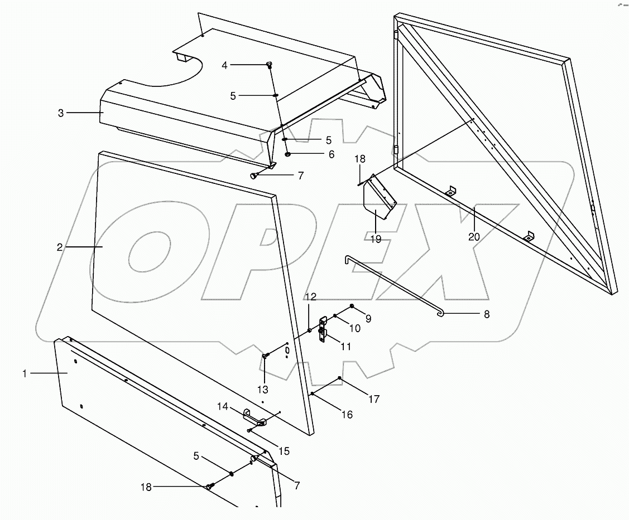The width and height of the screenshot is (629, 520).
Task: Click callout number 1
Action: (x=25, y=373)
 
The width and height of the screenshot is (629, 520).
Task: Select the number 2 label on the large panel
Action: (x=60, y=247)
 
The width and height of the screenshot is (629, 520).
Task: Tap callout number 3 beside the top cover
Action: (x=61, y=113)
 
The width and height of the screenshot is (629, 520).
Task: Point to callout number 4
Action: (x=224, y=65)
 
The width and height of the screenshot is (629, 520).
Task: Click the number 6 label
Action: (x=331, y=154)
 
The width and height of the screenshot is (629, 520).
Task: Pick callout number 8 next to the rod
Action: (x=486, y=314)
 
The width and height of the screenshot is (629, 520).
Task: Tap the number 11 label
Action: (x=345, y=347)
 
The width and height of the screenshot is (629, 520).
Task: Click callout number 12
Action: (x=310, y=295)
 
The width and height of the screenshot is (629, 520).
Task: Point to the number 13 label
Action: (x=262, y=389)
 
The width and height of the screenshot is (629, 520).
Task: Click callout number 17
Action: (x=373, y=399)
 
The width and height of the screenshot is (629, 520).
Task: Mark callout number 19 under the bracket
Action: (x=375, y=239)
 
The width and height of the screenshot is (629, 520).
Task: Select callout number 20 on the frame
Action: (x=474, y=236)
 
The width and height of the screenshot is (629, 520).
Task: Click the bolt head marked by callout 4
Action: (x=268, y=65)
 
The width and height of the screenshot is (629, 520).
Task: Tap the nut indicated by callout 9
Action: (x=352, y=306)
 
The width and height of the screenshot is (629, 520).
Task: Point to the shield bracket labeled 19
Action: (x=377, y=201)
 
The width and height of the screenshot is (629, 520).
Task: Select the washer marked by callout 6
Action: (x=288, y=154)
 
